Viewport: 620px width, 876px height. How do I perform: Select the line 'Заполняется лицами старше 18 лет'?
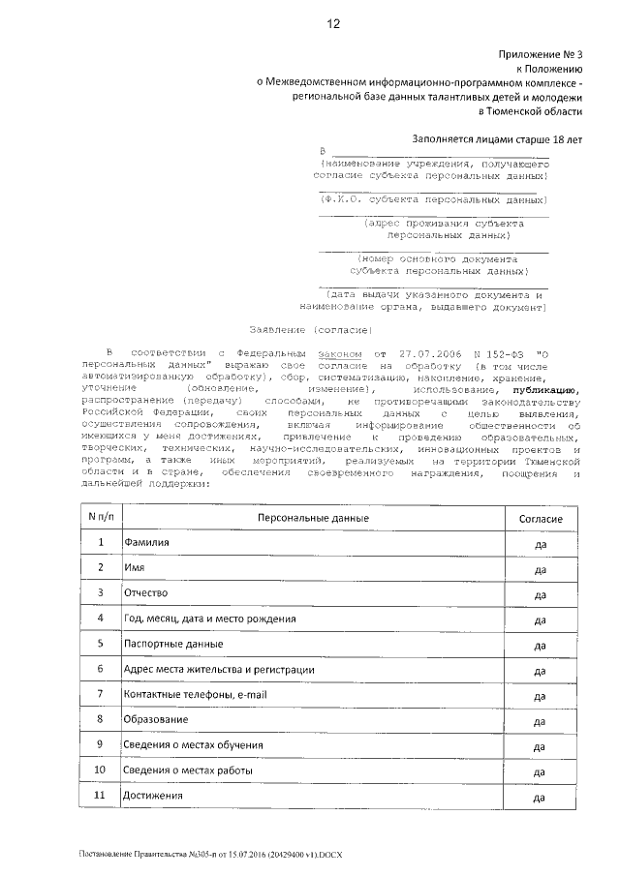coord(497,139)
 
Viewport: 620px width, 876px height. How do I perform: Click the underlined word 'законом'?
coord(342,355)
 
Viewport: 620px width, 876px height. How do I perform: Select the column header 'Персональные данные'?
coord(313,519)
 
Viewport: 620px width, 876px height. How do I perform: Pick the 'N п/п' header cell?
coord(100,518)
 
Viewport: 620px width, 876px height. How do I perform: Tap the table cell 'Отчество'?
coord(145,592)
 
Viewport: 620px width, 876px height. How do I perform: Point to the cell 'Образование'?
coord(155,719)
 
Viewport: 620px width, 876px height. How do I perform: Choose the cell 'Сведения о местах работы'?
coord(188,770)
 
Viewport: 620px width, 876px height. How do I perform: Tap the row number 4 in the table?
coord(100,618)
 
